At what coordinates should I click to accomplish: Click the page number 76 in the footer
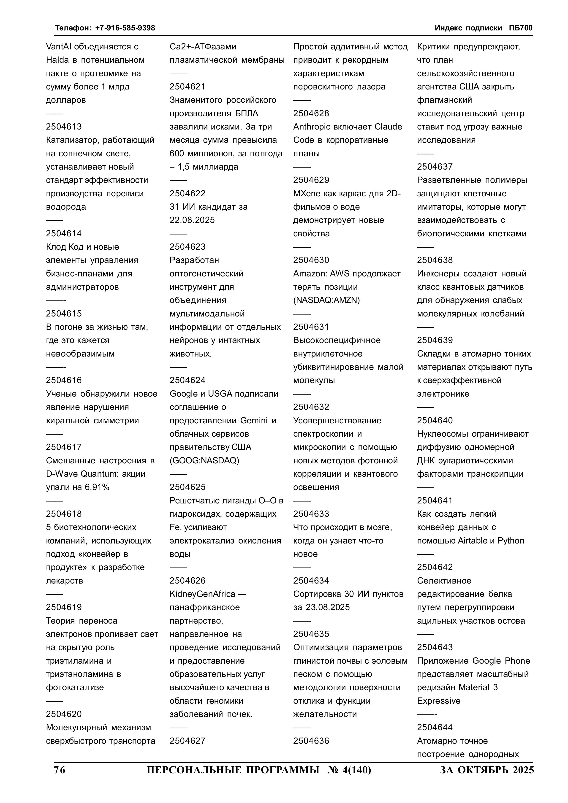(60, 770)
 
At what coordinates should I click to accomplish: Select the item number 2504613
(64, 127)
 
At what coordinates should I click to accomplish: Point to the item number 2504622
(188, 193)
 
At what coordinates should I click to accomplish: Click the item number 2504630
(311, 260)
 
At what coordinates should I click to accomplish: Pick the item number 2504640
(435, 420)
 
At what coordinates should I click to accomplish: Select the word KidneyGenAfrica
(202, 594)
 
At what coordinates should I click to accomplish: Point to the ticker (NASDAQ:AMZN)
(326, 300)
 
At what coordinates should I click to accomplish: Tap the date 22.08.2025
(192, 220)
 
